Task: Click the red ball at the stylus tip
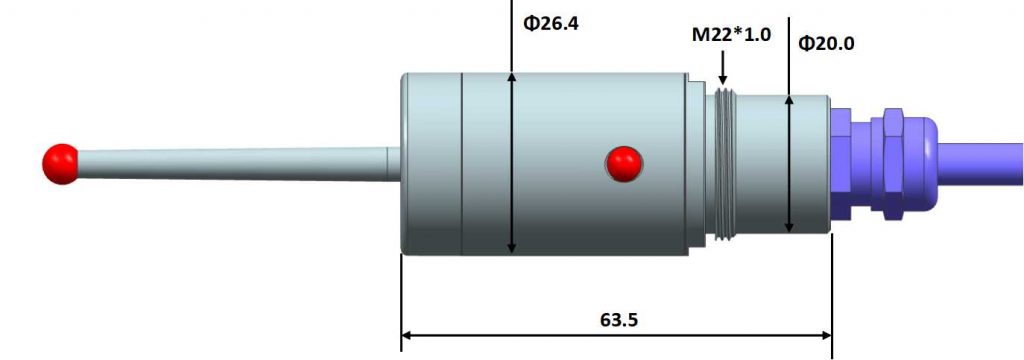(x=61, y=163)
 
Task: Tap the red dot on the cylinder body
(x=624, y=163)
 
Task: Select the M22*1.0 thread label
(x=732, y=35)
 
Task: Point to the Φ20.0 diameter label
(x=828, y=43)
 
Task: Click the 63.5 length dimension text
(x=619, y=320)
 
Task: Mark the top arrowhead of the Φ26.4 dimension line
(x=511, y=78)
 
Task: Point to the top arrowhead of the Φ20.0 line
(x=789, y=100)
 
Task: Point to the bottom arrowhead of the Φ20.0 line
(x=789, y=227)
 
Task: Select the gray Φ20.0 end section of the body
(x=810, y=165)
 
